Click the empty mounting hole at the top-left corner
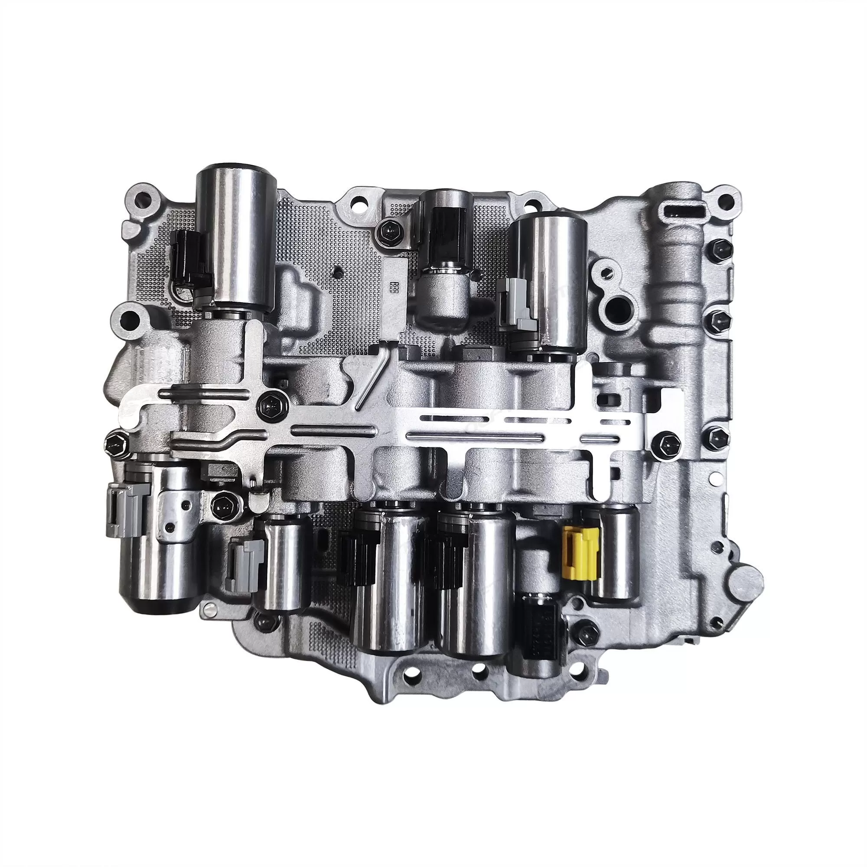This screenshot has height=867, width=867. (144, 197)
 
